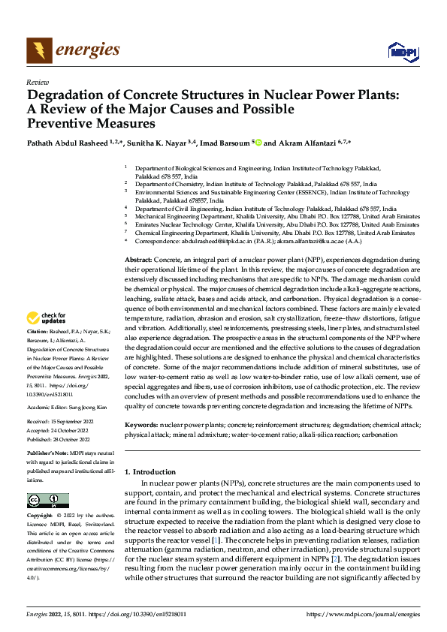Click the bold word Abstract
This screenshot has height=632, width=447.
pyautogui.click(x=138, y=258)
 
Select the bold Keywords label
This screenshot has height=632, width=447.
pyautogui.click(x=140, y=425)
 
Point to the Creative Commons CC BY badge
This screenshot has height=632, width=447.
pyautogui.click(x=48, y=501)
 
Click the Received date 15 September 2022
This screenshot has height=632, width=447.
pyautogui.click(x=68, y=422)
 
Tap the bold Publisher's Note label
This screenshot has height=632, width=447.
pyautogui.click(x=47, y=455)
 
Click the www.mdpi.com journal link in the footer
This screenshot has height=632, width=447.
pyautogui.click(x=364, y=615)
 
